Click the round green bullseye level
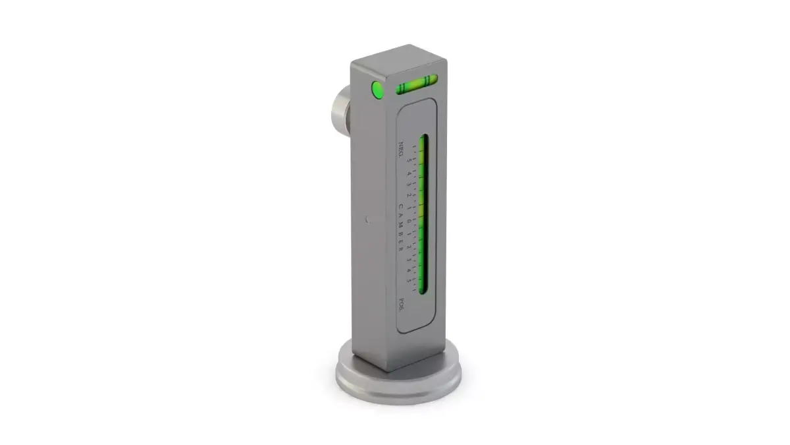tap(378, 90)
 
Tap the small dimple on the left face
tap(367, 219)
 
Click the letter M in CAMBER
tap(402, 224)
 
